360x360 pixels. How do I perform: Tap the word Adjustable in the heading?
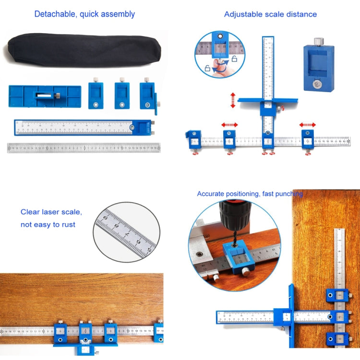point(243,14)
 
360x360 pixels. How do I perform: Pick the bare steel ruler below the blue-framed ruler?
point(84,148)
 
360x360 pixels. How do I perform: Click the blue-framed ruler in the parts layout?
point(82,127)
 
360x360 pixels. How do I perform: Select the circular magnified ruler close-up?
point(126,232)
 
